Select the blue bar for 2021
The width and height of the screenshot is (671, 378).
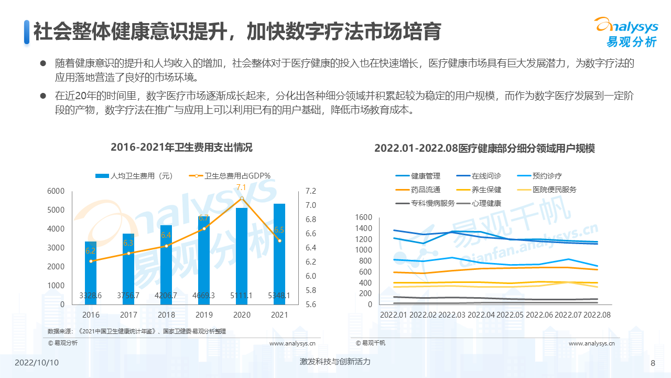click(279, 252)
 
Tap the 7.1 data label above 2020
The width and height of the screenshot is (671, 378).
click(242, 187)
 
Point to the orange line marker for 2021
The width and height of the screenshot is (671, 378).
click(279, 240)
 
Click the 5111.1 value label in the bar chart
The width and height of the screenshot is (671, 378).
click(242, 296)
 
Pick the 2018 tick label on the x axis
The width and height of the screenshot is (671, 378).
click(166, 314)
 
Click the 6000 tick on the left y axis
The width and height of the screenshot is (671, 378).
click(56, 191)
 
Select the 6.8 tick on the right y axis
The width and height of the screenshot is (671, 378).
click(311, 219)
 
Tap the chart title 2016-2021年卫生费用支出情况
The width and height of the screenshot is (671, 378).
click(181, 148)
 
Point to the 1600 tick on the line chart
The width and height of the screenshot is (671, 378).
click(363, 217)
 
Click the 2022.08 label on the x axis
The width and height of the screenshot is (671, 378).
click(597, 314)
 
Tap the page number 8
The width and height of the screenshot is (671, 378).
click(653, 363)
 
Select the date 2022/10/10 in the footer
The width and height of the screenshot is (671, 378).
click(37, 363)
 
